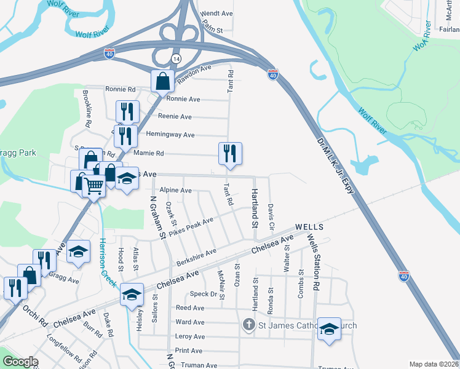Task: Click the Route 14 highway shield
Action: tap(176, 58)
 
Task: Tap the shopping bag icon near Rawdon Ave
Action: tap(162, 81)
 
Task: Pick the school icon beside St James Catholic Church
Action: tap(329, 330)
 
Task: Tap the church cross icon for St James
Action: tap(248, 324)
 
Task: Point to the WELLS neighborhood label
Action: tap(309, 226)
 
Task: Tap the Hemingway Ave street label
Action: tap(170, 135)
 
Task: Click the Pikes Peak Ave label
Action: tap(192, 227)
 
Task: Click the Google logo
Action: tap(21, 362)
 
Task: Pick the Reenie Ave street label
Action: tap(175, 117)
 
